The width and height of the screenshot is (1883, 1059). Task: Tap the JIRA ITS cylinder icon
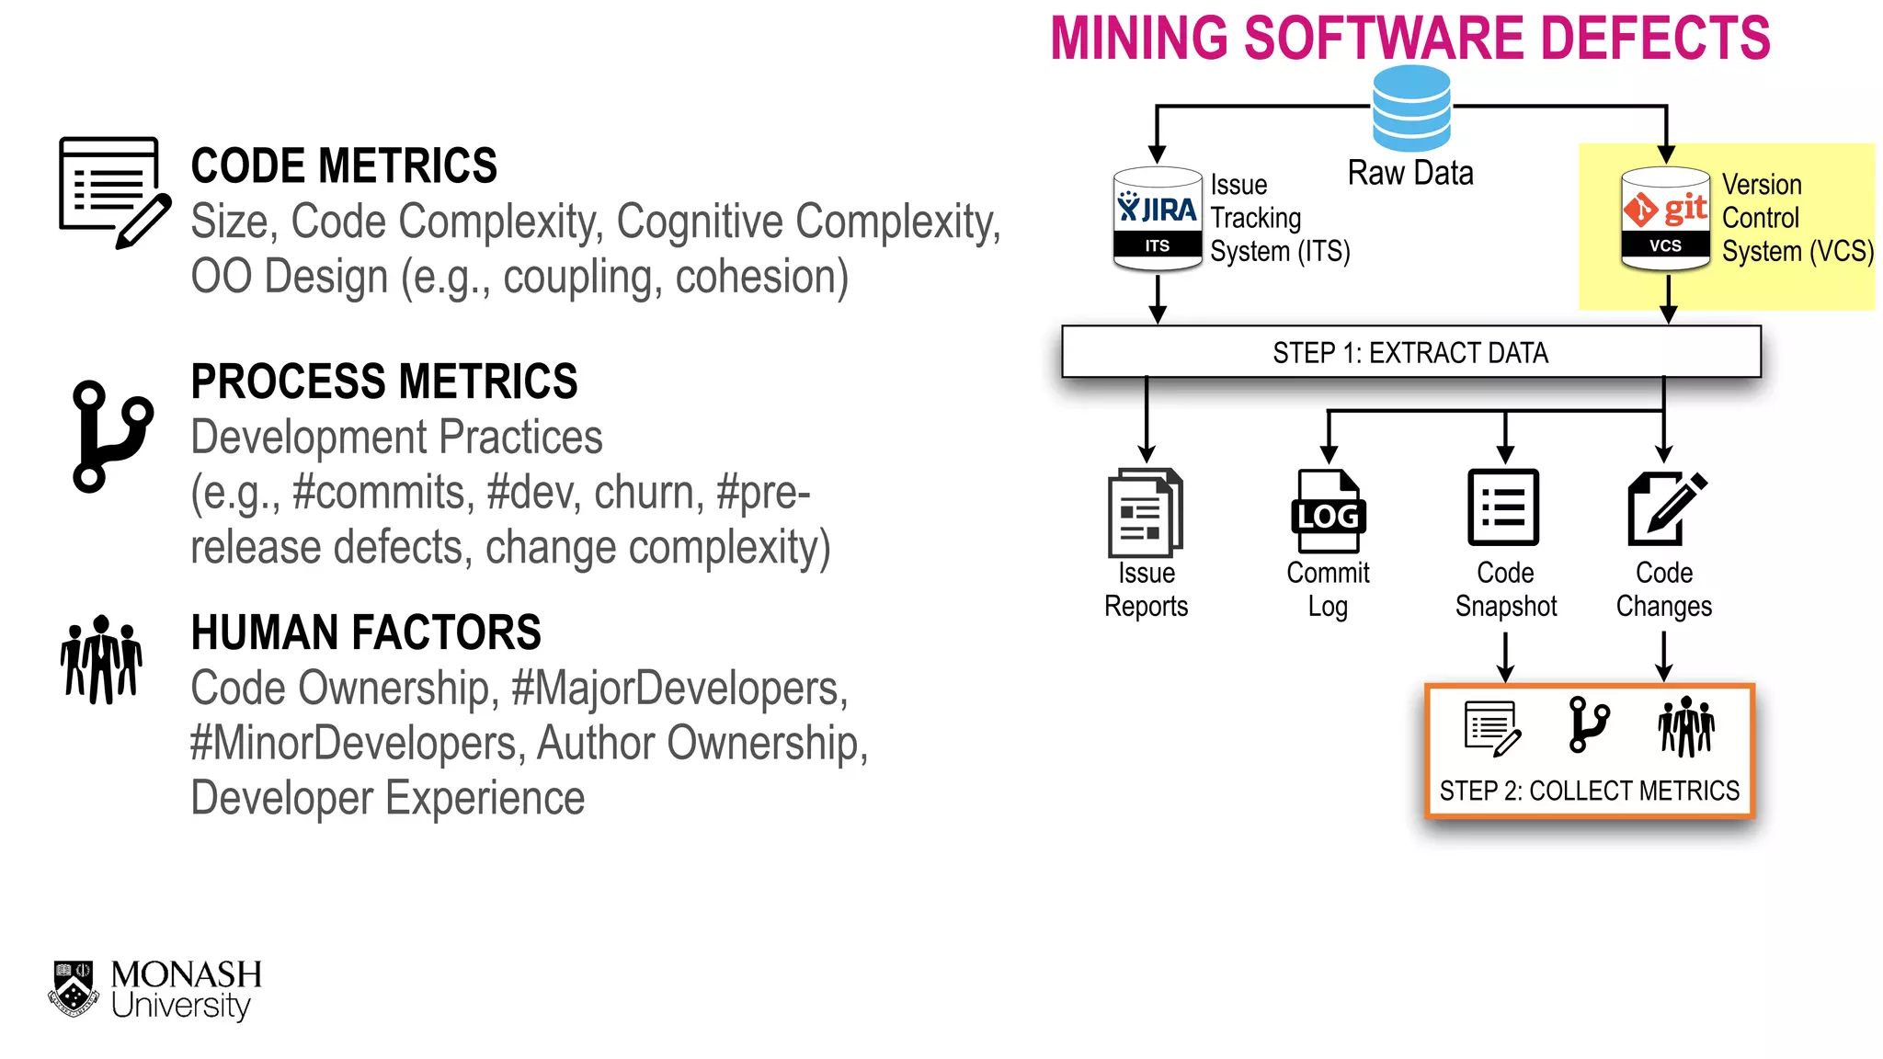(1157, 219)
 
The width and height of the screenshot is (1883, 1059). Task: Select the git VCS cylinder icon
(1665, 219)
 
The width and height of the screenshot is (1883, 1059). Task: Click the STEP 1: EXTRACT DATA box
(1410, 352)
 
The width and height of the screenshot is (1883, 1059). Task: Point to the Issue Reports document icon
(1145, 513)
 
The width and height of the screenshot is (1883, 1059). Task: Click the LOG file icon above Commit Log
(1328, 511)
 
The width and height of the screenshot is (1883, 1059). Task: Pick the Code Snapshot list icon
(1503, 507)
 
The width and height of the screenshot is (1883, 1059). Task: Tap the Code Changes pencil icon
(1665, 508)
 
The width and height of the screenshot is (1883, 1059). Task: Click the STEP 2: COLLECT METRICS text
(1589, 791)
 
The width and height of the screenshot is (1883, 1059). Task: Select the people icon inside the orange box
(1685, 726)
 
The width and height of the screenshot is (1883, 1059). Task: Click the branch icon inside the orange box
(1588, 724)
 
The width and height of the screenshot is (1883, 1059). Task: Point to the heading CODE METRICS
(344, 166)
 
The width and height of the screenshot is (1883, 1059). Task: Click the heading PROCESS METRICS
(384, 381)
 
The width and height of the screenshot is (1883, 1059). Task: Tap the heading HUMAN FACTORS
(366, 632)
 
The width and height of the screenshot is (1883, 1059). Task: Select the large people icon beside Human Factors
(101, 660)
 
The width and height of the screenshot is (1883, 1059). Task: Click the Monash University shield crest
(74, 989)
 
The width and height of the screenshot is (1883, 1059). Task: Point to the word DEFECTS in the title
(1654, 39)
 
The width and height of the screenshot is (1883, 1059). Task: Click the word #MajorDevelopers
(679, 689)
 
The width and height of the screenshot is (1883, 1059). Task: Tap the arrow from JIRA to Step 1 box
(1158, 300)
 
